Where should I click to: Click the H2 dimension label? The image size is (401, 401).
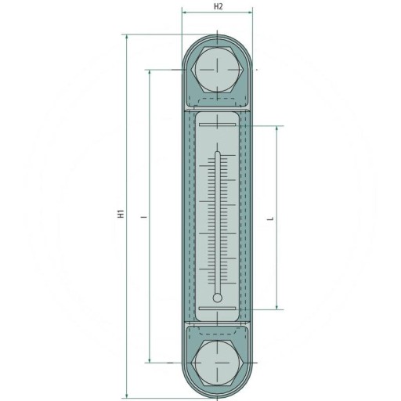pyautogui.click(x=219, y=6)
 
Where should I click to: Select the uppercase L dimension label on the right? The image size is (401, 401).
pyautogui.click(x=270, y=220)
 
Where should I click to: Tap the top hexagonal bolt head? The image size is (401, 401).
pyautogui.click(x=218, y=68)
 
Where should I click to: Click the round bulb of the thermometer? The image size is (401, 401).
pyautogui.click(x=218, y=297)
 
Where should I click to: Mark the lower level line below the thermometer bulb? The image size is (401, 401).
pyautogui.click(x=218, y=309)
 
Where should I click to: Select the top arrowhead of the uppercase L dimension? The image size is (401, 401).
pyautogui.click(x=276, y=128)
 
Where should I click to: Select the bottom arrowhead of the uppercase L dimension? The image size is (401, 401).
pyautogui.click(x=276, y=306)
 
